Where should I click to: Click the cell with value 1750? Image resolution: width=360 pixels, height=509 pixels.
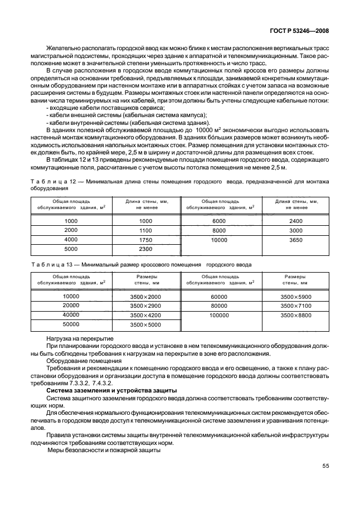coord(145,239)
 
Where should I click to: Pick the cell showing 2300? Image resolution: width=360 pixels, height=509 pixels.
coord(145,249)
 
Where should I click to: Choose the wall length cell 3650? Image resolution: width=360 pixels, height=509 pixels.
coord(296,239)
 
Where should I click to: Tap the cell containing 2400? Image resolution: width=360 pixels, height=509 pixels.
coord(296,221)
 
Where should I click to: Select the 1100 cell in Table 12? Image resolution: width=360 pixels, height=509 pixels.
coord(145,230)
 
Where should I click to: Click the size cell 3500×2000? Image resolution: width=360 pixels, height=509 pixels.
coord(145,297)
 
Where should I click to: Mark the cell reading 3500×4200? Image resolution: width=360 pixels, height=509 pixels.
coord(145,315)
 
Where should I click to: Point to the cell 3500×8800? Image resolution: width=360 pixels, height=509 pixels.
coord(296,315)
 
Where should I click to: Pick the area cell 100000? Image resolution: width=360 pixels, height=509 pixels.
coord(219,315)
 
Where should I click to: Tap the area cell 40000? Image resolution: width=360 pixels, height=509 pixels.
coord(71,315)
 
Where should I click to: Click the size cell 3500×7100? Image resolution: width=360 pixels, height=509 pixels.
coord(296,306)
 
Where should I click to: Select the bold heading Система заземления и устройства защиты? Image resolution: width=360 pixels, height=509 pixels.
coord(111,390)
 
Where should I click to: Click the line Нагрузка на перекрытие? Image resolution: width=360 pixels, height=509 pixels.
coord(80,338)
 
